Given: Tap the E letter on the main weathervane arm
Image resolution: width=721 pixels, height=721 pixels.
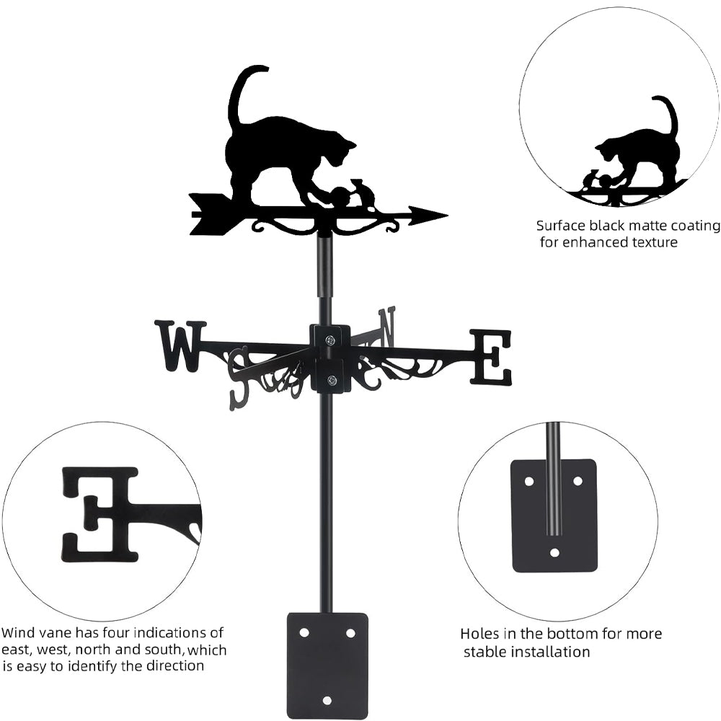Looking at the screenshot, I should click(x=491, y=356).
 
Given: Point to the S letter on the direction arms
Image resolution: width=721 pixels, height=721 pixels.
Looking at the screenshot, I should click(x=239, y=378).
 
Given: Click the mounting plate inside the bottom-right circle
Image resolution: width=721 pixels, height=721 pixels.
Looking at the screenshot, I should click(x=554, y=515).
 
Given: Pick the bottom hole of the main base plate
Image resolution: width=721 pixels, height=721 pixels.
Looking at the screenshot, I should click(x=327, y=699).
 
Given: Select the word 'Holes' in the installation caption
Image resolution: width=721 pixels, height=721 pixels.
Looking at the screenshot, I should click(x=480, y=634).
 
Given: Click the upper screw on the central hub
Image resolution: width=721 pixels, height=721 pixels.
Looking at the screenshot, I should click(x=329, y=340).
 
